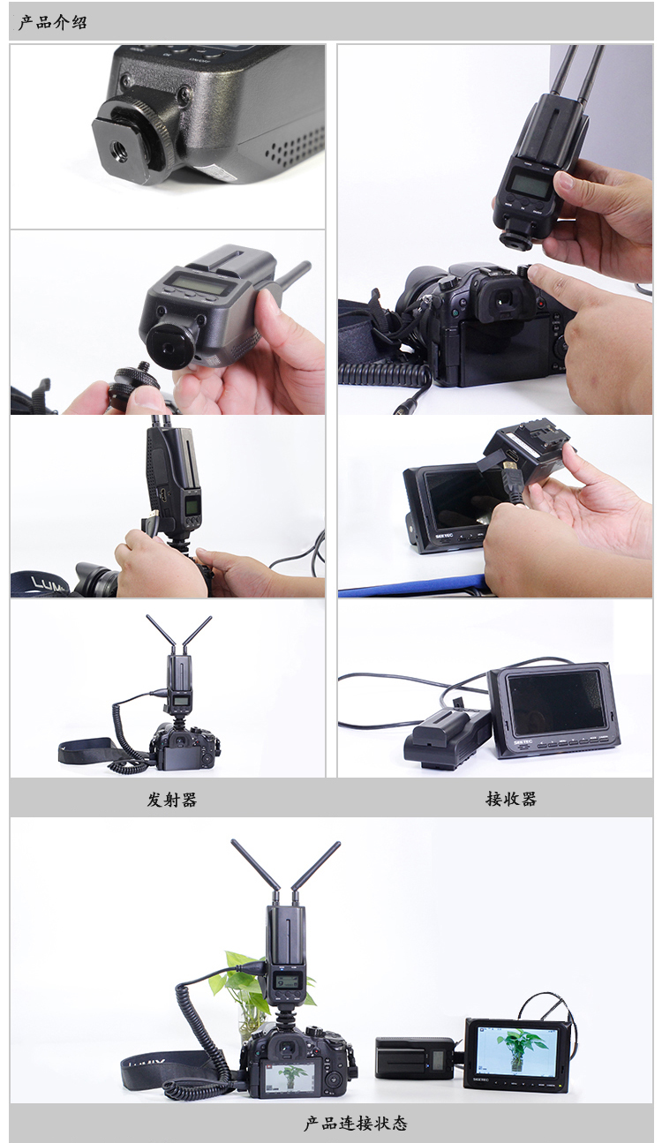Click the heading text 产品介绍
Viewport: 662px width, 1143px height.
pyautogui.click(x=53, y=22)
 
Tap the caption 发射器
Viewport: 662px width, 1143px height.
pyautogui.click(x=172, y=799)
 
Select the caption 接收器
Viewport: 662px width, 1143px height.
pyautogui.click(x=511, y=799)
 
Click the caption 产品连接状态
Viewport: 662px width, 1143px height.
pyautogui.click(x=356, y=1123)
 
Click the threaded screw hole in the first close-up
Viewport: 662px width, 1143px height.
pyautogui.click(x=122, y=154)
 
